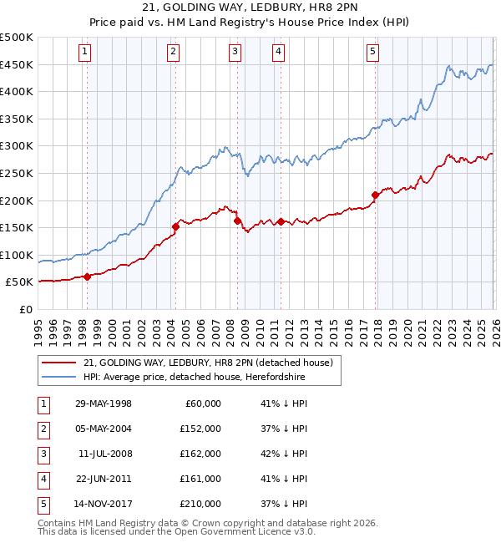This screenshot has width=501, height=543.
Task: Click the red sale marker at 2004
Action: [176, 226]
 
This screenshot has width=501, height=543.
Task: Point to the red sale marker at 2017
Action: [375, 195]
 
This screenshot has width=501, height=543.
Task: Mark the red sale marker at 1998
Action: [87, 277]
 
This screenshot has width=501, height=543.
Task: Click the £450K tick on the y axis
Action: [18, 64]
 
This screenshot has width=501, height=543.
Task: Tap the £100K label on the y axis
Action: [18, 255]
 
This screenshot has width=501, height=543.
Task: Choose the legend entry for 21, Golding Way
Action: [208, 363]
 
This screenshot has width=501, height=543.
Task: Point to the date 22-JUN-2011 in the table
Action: [104, 479]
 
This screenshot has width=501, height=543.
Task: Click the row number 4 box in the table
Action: [42, 479]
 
